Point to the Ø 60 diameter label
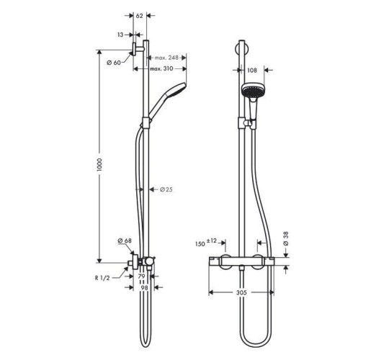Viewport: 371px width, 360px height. (x=113, y=63)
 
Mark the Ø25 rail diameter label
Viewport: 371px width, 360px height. (x=166, y=189)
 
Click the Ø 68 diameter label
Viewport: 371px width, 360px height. (x=124, y=240)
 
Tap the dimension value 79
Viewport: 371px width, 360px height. (x=141, y=276)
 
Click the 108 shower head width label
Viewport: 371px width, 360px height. (x=252, y=71)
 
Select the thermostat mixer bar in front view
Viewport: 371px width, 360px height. (x=241, y=262)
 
